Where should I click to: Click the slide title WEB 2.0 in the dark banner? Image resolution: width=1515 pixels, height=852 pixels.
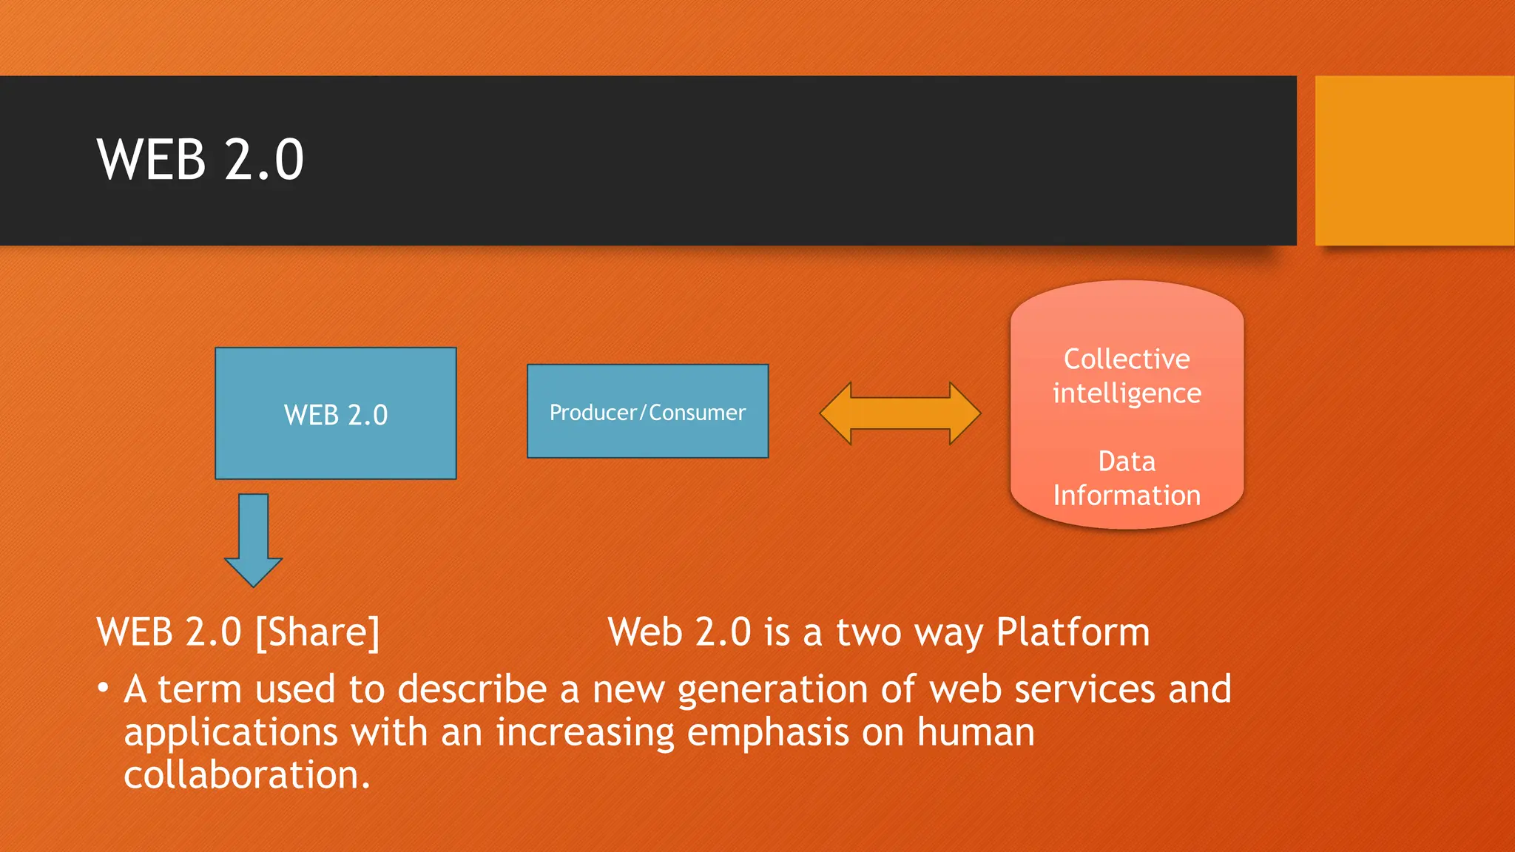200,160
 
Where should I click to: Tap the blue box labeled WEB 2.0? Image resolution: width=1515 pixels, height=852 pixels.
335,414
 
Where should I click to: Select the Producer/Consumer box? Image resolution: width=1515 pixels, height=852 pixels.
647,412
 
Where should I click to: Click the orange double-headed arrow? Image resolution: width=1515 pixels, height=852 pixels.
900,413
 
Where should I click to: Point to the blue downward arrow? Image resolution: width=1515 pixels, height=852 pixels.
254,541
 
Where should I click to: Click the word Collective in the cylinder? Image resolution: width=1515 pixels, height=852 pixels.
1127,359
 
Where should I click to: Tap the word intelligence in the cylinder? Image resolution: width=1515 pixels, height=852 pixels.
1127,393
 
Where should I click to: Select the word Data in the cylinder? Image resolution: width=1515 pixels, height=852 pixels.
1127,461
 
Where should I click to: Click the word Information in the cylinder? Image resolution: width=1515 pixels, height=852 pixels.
1127,496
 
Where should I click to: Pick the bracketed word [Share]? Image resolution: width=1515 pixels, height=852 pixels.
317,633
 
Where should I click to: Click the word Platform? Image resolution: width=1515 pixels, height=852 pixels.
1073,633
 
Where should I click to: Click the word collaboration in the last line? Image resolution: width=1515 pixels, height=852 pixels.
246,775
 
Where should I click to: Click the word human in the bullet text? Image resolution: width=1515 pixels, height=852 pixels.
975,732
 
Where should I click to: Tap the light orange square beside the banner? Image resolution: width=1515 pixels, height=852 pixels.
1414,160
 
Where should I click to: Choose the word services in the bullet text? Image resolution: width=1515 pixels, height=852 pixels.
1084,689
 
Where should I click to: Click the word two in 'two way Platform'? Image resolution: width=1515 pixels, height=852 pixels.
869,633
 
